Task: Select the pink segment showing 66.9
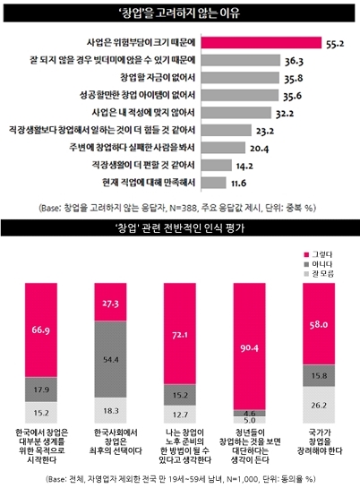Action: click(40, 331)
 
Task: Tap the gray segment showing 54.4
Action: click(111, 358)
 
